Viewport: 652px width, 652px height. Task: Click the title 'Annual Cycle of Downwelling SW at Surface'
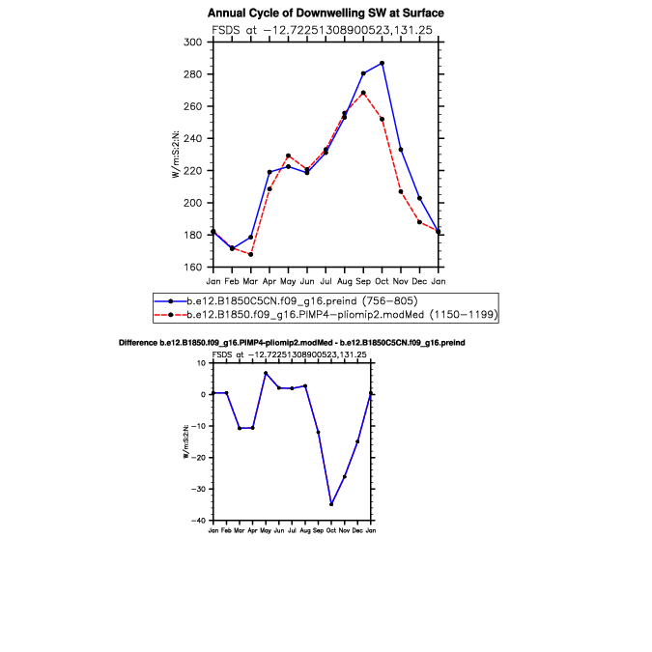326,14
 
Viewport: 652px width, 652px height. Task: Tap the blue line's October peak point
383,63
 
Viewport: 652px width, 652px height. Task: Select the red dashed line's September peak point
363,93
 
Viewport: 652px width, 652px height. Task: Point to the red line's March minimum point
250,254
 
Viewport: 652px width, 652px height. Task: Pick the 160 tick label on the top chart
192,268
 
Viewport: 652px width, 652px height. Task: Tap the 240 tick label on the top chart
192,139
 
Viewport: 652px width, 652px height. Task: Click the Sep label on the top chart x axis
363,280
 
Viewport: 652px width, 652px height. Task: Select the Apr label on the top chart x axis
269,280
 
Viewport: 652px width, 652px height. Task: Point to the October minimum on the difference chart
331,504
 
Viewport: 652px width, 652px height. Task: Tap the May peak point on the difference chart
266,373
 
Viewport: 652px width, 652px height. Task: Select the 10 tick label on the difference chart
201,363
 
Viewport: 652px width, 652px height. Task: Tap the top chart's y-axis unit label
176,156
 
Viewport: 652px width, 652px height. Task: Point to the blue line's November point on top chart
401,150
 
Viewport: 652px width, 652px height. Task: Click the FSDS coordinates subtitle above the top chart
326,30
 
